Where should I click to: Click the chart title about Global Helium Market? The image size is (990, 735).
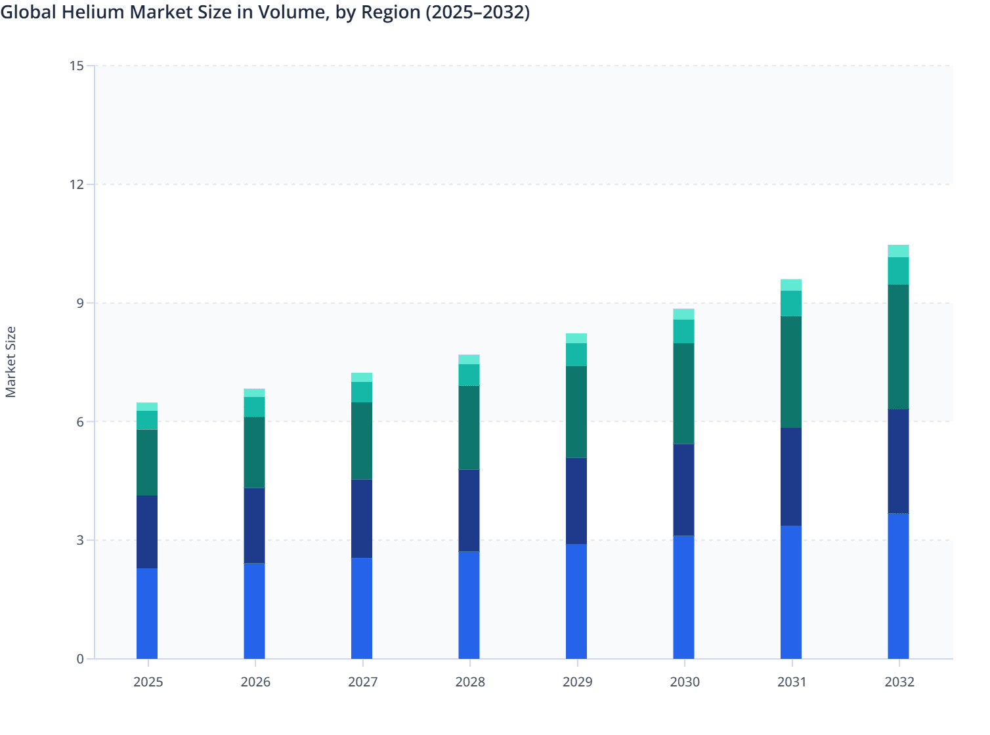point(265,12)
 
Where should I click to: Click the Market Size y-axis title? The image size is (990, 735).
point(11,362)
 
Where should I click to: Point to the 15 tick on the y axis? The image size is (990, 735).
point(77,66)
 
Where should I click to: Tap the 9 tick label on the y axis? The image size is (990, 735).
point(80,303)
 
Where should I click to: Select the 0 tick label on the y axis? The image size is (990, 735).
point(80,659)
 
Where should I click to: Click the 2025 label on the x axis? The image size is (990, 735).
point(148,682)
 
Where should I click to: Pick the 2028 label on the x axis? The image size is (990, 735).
point(470,682)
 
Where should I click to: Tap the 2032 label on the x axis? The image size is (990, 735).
point(899,682)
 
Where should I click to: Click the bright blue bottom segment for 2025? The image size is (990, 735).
point(147,614)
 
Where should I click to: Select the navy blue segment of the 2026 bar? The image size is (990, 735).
point(254,526)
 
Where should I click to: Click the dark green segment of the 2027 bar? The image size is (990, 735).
point(362,441)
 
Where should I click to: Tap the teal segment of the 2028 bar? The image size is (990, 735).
point(469,375)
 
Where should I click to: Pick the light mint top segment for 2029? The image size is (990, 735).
point(576,339)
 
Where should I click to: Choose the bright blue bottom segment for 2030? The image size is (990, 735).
point(683,597)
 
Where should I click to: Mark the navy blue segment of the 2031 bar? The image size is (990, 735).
point(791,477)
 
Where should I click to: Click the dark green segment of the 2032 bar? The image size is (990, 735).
point(898,347)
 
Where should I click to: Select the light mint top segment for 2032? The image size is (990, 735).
point(898,251)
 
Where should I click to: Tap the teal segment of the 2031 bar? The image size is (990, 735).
point(791,303)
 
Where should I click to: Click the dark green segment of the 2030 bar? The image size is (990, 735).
point(683,394)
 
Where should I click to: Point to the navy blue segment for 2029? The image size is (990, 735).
point(576,501)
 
